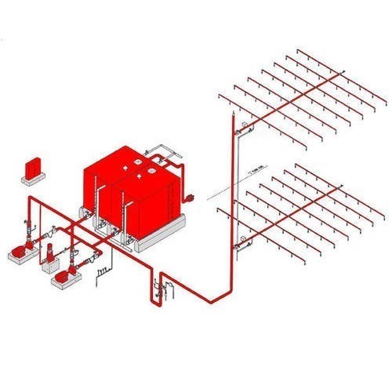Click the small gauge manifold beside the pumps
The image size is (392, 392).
pyautogui.click(x=100, y=273)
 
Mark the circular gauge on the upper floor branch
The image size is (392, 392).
pyautogui.click(x=245, y=125)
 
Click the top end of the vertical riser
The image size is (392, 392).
pyautogui.click(x=233, y=118)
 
